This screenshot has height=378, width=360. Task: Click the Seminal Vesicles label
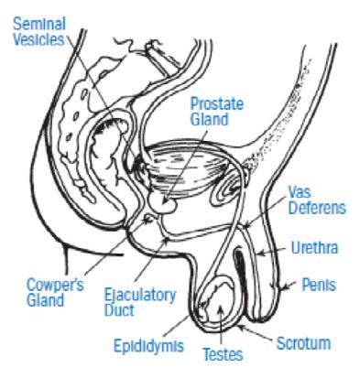coord(39,32)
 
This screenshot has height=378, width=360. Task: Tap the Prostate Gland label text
coord(217,112)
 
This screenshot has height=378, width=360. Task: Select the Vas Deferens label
coord(317,200)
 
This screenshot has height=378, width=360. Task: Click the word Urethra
coord(314,247)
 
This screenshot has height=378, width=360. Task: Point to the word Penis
coord(319,285)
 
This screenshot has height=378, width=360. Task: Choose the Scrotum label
coord(303,343)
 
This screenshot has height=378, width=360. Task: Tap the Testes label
coord(223,354)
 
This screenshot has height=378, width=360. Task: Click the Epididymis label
coord(148,345)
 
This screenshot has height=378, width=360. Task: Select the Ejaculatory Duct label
coord(140,303)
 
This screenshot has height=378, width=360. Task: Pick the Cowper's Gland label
coord(55,292)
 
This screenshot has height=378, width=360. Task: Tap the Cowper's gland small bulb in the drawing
coord(148,218)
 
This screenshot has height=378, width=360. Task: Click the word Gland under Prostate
coord(210,119)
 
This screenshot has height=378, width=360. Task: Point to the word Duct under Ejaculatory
coord(119,310)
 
